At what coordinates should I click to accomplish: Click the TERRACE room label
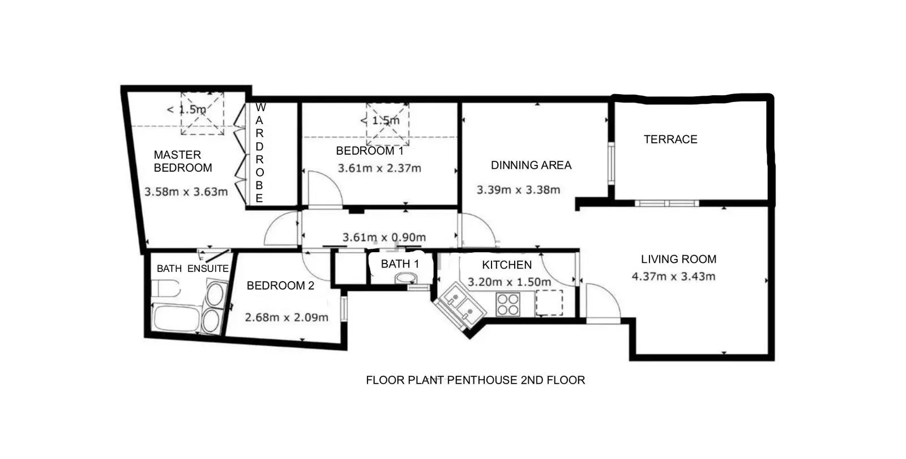click(670, 139)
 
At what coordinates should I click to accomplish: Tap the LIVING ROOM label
click(679, 259)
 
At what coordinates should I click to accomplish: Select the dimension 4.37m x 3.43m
click(673, 277)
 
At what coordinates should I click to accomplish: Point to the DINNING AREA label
click(531, 165)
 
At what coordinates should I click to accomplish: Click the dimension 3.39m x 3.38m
click(518, 190)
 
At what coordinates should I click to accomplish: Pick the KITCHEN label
click(507, 265)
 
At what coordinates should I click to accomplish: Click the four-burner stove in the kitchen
click(508, 304)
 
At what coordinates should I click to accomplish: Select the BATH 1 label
click(400, 264)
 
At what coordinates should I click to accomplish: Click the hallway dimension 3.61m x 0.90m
click(384, 237)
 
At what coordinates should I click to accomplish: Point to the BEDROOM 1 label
click(370, 151)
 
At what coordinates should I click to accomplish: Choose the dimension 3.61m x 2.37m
click(379, 168)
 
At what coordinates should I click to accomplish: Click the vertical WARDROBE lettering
click(260, 152)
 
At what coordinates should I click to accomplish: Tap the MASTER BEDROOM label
click(183, 161)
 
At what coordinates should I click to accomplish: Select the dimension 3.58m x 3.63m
click(186, 192)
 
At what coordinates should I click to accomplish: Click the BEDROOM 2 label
click(280, 286)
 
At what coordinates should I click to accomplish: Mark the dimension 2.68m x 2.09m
click(287, 317)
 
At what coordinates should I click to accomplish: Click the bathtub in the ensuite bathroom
click(176, 319)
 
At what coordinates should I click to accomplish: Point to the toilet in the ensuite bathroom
click(166, 288)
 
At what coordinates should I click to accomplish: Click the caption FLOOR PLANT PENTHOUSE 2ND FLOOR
click(475, 380)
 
